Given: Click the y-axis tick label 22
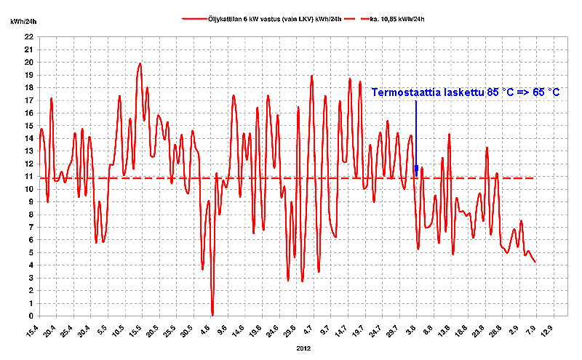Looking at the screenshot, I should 28,36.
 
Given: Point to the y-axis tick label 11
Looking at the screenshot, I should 28,176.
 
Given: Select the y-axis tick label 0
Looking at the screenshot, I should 31,316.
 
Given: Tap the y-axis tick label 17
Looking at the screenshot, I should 28,100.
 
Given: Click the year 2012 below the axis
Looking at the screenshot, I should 304,349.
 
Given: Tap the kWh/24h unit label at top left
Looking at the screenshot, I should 24,21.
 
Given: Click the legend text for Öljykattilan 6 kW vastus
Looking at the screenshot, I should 274,19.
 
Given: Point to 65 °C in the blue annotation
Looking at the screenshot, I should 545,92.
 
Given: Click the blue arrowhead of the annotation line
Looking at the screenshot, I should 415,170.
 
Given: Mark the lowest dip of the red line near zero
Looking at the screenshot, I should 212,314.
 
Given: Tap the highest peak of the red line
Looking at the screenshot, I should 140,63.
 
